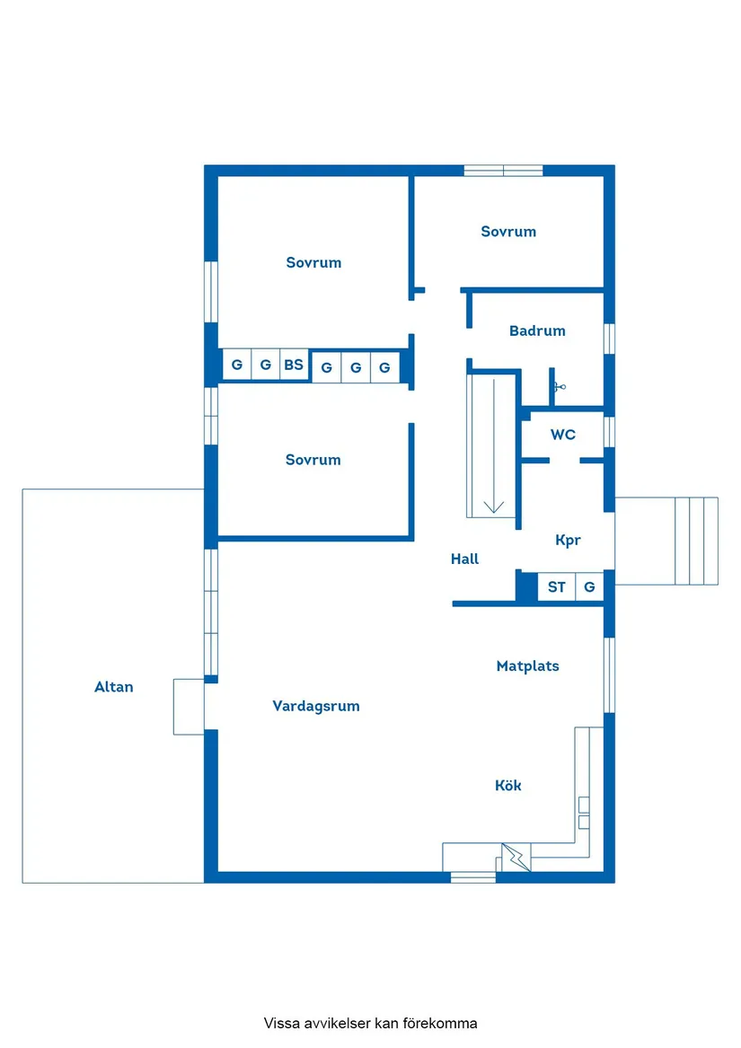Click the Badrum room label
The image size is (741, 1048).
coord(537,330)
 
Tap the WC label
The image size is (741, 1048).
coord(563,435)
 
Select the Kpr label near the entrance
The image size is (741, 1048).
coord(568,541)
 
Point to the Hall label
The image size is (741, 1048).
coord(464,559)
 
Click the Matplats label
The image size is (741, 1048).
coord(527,666)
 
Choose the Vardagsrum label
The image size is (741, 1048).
coord(316,706)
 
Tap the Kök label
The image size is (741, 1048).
coord(507,786)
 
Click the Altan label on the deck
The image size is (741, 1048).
coord(114,687)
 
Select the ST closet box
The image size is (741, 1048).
coord(557,587)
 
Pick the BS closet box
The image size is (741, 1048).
coord(294,365)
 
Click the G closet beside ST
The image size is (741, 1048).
coord(589,587)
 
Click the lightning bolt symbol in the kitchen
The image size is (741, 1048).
coord(516,858)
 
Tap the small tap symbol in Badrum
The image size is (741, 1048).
coord(558,387)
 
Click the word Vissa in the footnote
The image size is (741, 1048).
coord(280,1023)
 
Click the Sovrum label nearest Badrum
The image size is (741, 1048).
coord(508,232)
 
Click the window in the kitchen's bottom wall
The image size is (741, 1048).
coord(472,876)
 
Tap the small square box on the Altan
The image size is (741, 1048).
coord(189,707)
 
